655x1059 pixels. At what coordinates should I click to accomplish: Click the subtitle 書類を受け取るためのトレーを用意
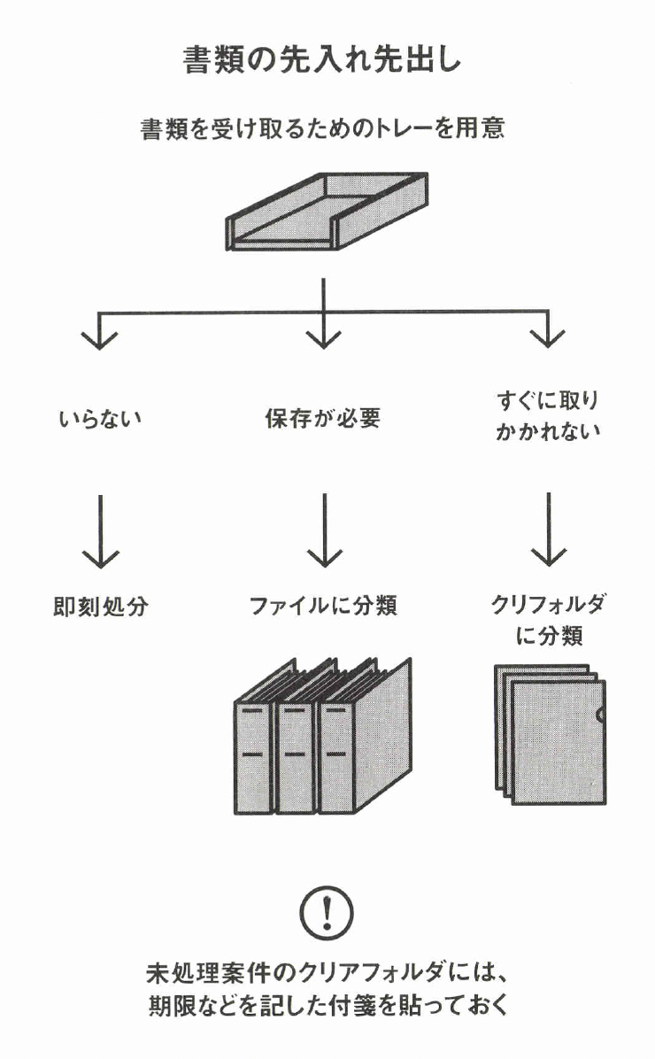pyautogui.click(x=323, y=130)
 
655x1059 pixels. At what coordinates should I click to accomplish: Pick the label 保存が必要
pyautogui.click(x=323, y=419)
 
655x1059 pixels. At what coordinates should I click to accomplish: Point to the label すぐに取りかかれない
pyautogui.click(x=549, y=416)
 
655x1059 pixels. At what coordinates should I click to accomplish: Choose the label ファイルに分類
pyautogui.click(x=324, y=607)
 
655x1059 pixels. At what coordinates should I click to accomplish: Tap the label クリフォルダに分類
pyautogui.click(x=549, y=620)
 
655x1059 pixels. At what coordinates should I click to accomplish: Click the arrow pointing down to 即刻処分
pyautogui.click(x=100, y=530)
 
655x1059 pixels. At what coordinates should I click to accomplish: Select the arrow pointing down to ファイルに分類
pyautogui.click(x=325, y=530)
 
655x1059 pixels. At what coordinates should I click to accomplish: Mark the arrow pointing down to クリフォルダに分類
pyautogui.click(x=549, y=530)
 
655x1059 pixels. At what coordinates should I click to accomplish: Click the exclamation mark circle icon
pyautogui.click(x=327, y=912)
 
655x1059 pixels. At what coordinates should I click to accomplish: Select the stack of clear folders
pyautogui.click(x=551, y=735)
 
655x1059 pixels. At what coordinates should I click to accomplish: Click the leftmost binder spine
pyautogui.click(x=253, y=757)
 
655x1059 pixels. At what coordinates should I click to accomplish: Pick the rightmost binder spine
pyautogui.click(x=337, y=757)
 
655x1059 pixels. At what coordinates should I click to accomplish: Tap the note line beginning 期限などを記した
pyautogui.click(x=327, y=1008)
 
